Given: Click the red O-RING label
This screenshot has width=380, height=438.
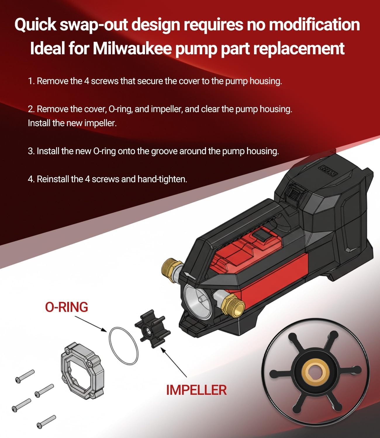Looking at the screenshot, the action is click(67, 307).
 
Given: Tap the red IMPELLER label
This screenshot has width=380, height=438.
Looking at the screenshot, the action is click(196, 390).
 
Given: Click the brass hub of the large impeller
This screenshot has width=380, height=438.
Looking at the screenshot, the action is click(315, 373).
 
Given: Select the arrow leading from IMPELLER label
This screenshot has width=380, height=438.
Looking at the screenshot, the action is click(174, 362).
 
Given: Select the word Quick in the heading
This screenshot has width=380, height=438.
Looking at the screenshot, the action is click(35, 25).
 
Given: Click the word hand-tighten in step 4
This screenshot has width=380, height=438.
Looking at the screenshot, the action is click(162, 179).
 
